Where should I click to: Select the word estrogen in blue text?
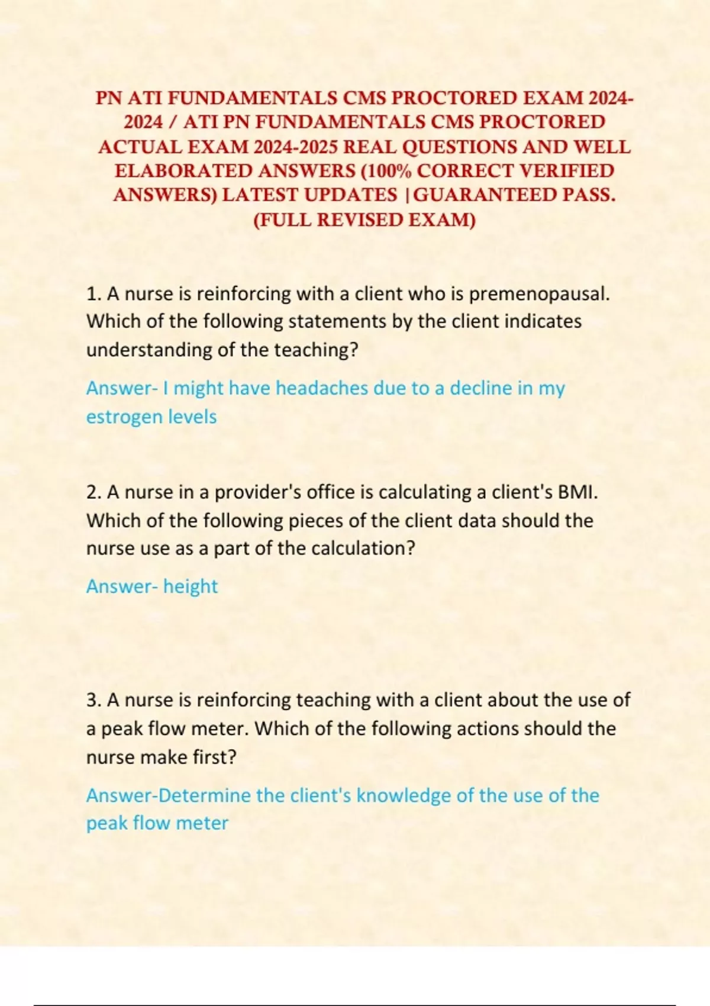[x=124, y=417]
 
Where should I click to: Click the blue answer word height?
[x=191, y=586]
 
